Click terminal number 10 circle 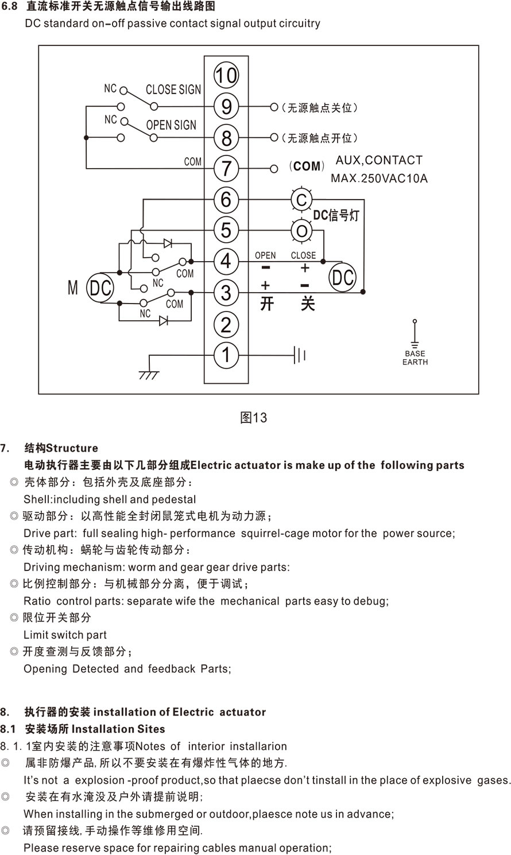pos(226,75)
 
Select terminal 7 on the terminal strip pos(226,169)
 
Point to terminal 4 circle pos(226,262)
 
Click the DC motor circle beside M pos(100,288)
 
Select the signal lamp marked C pos(301,200)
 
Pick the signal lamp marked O pos(301,231)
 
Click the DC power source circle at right pos(343,278)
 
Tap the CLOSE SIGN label pos(173,90)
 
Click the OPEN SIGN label pos(171,125)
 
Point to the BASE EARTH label pos(415,357)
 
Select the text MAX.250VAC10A pos(379,178)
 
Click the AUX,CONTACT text pos(379,160)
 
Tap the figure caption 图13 pos(253,418)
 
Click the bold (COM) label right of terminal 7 pos(307,166)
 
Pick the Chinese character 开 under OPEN pos(266,303)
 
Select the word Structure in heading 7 pos(72,448)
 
